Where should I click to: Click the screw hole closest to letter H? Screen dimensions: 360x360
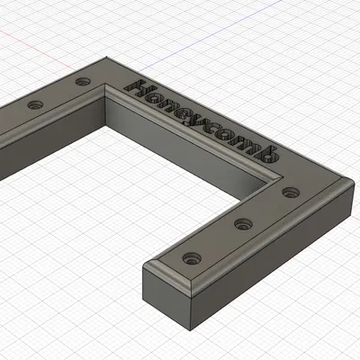83,82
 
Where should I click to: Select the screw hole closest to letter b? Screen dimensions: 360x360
289,192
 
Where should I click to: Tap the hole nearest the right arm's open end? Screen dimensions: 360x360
190,257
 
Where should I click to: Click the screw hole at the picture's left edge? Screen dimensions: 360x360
36,105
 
